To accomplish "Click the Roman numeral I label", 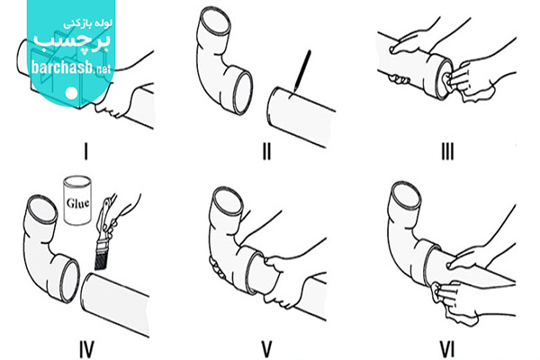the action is (86, 151).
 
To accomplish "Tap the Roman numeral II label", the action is (266, 151).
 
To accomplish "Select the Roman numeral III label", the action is (447, 151).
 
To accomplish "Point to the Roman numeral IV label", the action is (86, 349).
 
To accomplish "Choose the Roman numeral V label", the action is (267, 349).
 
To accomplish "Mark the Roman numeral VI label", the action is (447, 349).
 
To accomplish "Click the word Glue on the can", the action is (77, 202).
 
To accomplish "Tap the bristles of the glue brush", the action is (101, 259).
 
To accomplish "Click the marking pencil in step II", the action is (302, 71).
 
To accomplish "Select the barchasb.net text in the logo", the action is (71, 67).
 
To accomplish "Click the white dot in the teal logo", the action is (72, 93).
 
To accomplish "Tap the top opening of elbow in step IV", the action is (42, 210).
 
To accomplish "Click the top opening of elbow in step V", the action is (228, 202).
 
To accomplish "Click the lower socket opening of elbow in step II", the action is (243, 92).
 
